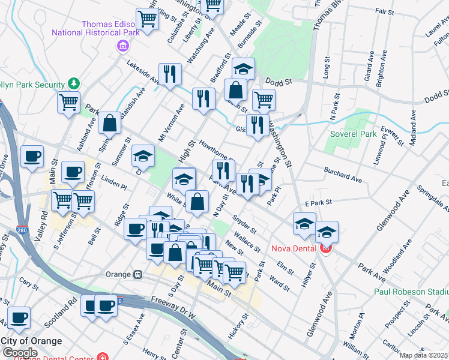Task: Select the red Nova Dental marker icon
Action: (326, 248)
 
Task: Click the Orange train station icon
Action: (137, 274)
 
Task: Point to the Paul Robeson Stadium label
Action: (411, 292)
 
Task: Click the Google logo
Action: (19, 352)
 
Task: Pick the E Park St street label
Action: (318, 204)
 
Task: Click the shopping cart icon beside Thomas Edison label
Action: (147, 19)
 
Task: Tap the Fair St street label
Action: (379, 11)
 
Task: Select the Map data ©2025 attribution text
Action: (423, 355)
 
